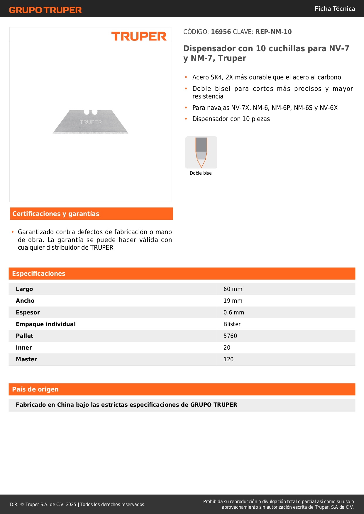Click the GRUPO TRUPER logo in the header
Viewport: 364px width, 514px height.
[45, 10]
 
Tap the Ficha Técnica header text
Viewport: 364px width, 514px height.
[335, 8]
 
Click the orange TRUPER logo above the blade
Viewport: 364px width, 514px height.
[139, 36]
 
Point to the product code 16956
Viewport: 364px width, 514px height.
[221, 32]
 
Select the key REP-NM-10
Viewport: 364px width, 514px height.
[273, 32]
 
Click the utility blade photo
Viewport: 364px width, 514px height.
[90, 122]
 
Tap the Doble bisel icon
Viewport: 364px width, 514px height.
[201, 152]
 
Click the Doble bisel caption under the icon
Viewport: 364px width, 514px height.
[201, 173]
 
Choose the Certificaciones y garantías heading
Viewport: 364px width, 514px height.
[56, 214]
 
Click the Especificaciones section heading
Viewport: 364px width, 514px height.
[39, 273]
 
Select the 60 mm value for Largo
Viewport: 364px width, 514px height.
[233, 289]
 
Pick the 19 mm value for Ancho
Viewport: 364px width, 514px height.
[233, 301]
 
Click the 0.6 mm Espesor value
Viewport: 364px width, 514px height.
[234, 312]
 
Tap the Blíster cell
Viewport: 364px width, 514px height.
[232, 324]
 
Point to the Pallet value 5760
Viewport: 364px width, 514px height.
[230, 336]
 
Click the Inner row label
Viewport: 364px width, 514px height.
[24, 348]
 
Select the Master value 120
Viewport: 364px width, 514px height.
[228, 359]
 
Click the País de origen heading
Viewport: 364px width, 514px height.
[35, 389]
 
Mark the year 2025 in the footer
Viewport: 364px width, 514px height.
[71, 504]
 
